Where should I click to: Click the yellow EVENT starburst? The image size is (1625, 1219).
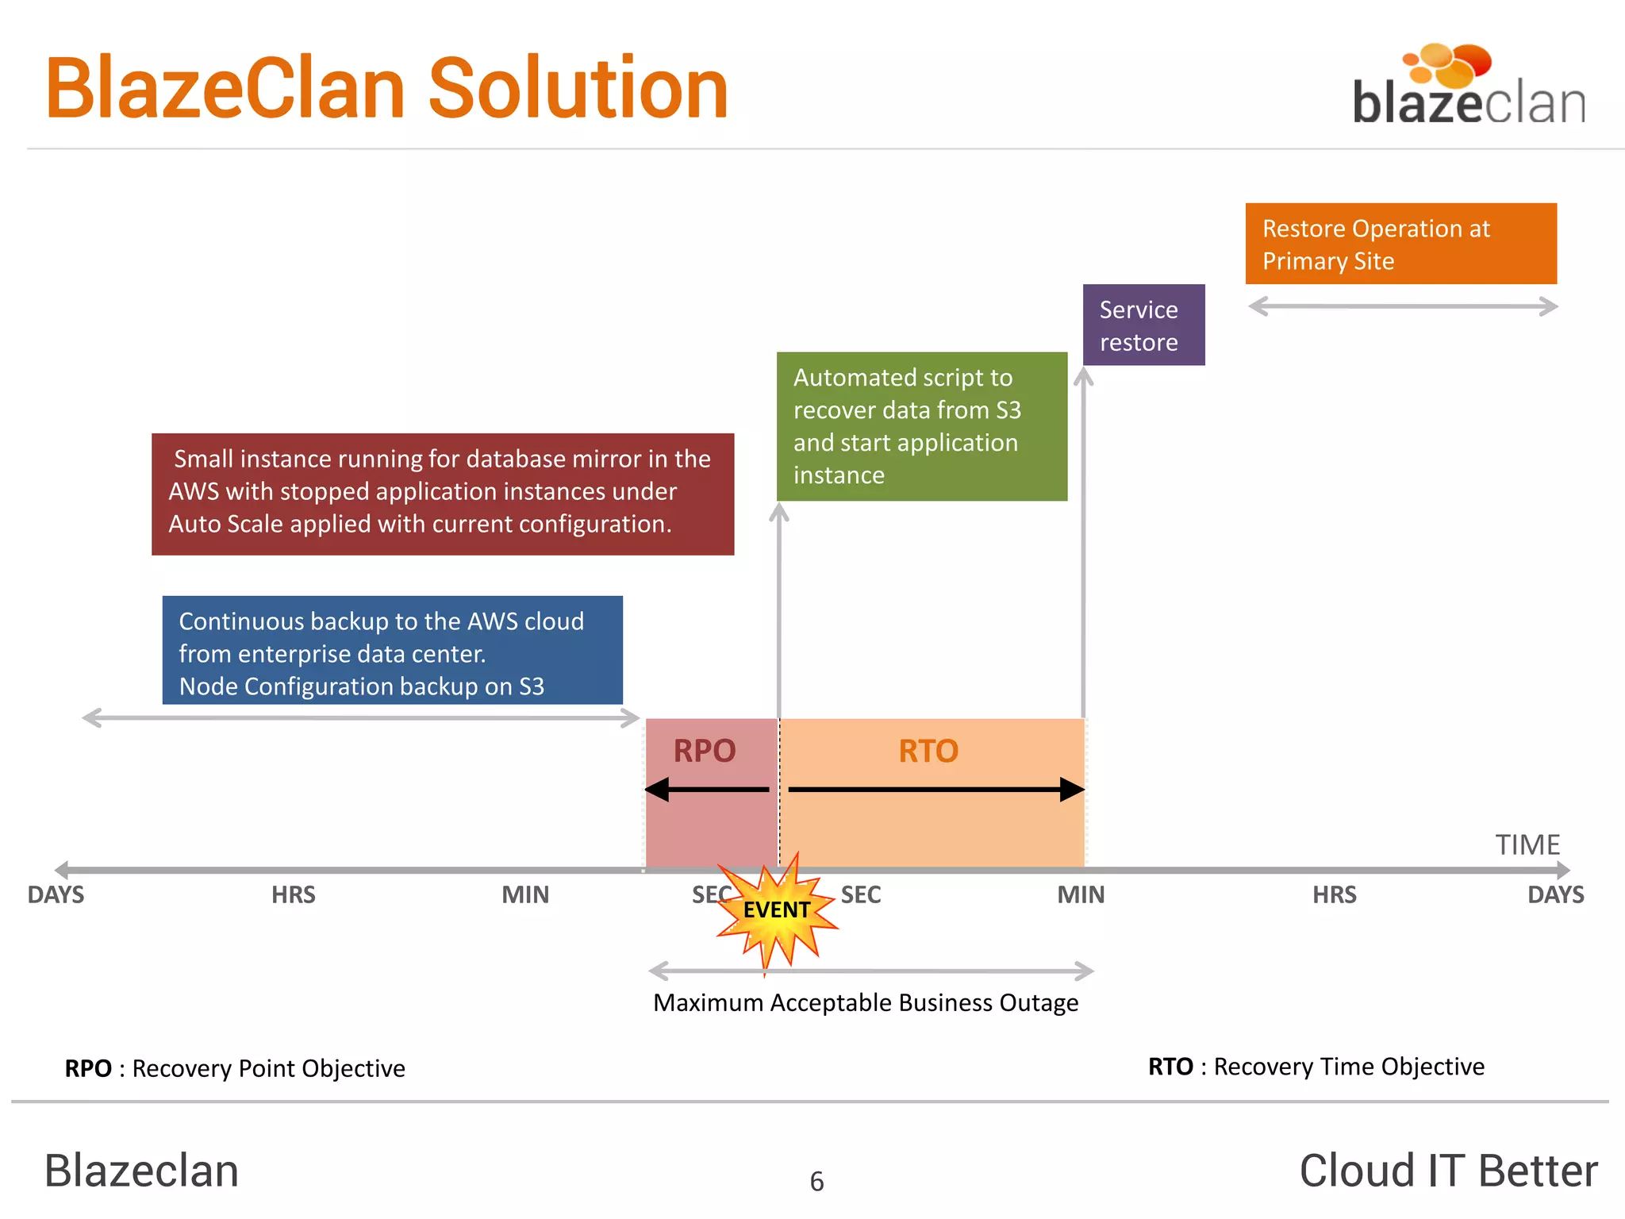(x=776, y=911)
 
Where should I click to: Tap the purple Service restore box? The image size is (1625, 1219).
(x=1143, y=325)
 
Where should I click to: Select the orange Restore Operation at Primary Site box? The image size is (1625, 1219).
(x=1400, y=244)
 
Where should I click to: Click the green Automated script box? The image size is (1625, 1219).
(x=921, y=426)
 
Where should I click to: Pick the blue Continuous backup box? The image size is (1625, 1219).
(x=392, y=651)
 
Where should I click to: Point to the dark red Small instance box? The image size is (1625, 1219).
(x=443, y=494)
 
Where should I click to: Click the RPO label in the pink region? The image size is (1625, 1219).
(x=705, y=751)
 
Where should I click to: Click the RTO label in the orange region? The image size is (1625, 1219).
(x=928, y=751)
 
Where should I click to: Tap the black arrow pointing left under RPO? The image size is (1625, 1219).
(x=706, y=790)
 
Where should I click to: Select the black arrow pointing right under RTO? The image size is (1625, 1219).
(x=936, y=790)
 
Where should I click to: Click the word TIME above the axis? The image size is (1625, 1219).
(x=1527, y=844)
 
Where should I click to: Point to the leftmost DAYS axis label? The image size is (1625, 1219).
(x=56, y=895)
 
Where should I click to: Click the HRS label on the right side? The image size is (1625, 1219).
(x=1334, y=895)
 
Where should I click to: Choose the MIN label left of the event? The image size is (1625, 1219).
(x=525, y=895)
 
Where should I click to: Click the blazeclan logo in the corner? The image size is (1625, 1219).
(x=1468, y=87)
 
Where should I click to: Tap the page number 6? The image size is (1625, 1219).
(x=816, y=1182)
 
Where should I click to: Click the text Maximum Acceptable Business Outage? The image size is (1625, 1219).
(x=865, y=1003)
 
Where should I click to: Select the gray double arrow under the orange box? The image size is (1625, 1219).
(x=1403, y=306)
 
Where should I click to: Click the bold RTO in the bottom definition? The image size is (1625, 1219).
(x=1170, y=1067)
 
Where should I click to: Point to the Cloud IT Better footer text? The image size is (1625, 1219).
(x=1448, y=1171)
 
